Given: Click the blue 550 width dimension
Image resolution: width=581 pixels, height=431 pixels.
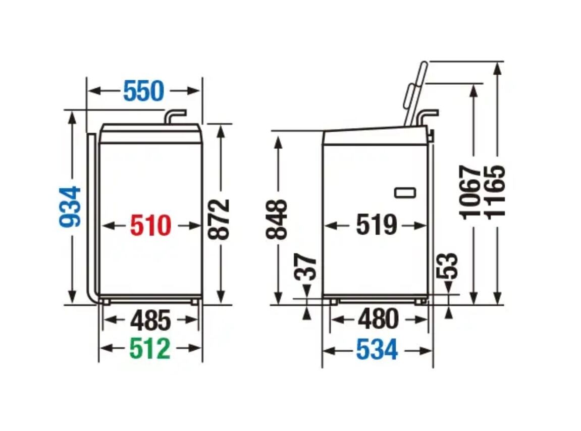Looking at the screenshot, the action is (x=143, y=91).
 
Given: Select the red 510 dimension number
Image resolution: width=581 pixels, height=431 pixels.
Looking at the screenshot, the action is (x=151, y=225).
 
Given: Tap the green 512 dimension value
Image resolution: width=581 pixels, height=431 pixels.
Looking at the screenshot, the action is (x=150, y=349).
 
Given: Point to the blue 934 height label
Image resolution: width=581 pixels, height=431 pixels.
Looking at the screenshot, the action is (x=70, y=207).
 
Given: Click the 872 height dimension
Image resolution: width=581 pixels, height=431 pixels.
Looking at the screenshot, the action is (x=219, y=220).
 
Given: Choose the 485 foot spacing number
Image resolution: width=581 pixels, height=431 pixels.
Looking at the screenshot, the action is (x=151, y=320).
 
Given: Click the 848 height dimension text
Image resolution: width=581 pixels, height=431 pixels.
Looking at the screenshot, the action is (x=277, y=220).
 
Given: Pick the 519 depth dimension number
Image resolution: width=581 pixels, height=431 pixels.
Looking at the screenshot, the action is (x=377, y=225).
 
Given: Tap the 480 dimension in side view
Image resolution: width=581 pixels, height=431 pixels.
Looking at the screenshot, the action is (x=379, y=319).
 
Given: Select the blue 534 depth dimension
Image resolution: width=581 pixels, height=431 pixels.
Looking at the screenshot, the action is (x=377, y=349).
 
